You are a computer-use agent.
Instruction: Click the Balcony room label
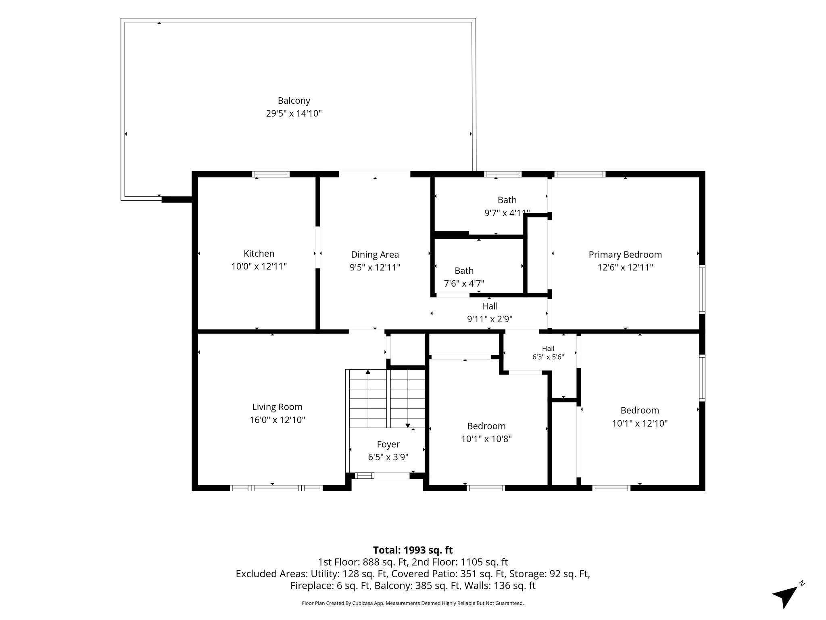294,101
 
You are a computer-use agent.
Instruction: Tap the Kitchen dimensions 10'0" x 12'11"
259,266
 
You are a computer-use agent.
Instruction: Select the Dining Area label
375,255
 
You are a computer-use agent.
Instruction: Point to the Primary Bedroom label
625,255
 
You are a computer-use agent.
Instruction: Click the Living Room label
277,407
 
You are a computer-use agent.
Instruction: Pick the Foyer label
388,444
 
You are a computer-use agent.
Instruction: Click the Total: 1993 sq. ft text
413,550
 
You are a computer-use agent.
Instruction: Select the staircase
387,398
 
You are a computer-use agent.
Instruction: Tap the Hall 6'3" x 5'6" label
548,352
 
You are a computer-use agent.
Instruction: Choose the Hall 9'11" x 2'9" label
490,313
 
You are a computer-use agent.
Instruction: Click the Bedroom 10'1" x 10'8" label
486,432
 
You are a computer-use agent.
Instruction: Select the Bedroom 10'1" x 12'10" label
640,417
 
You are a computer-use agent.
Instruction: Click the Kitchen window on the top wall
271,174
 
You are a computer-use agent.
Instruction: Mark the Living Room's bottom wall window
276,488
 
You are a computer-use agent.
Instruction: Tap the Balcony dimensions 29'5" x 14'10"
294,113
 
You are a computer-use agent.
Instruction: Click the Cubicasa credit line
413,603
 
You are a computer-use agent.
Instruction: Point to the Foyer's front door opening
392,476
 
